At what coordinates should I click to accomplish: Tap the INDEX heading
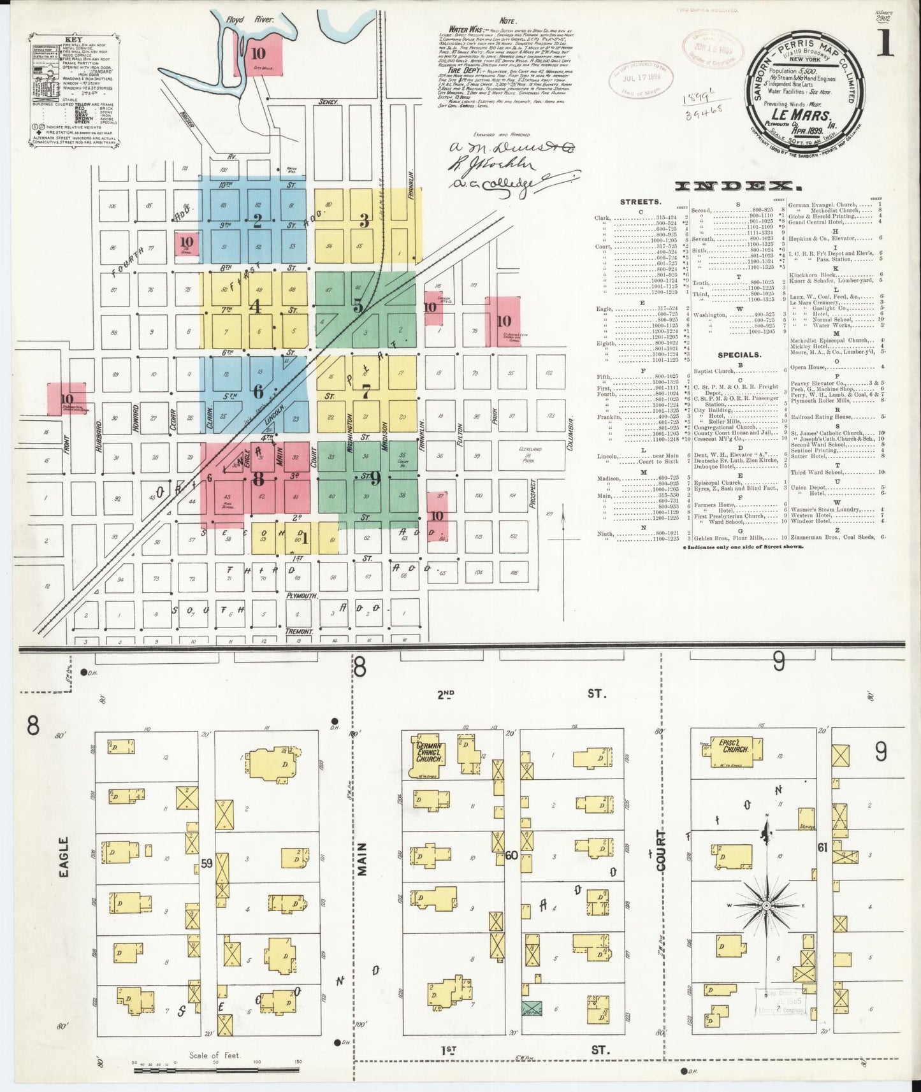click(737, 186)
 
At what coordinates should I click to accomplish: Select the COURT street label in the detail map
click(661, 851)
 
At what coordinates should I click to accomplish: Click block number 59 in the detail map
click(206, 864)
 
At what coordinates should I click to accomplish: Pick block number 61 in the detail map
click(822, 847)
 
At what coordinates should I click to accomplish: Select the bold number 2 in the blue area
click(257, 222)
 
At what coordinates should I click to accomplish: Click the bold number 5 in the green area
click(359, 306)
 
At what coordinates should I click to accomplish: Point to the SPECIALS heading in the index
click(739, 355)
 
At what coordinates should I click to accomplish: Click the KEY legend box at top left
click(71, 92)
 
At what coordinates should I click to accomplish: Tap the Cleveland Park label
click(531, 452)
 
